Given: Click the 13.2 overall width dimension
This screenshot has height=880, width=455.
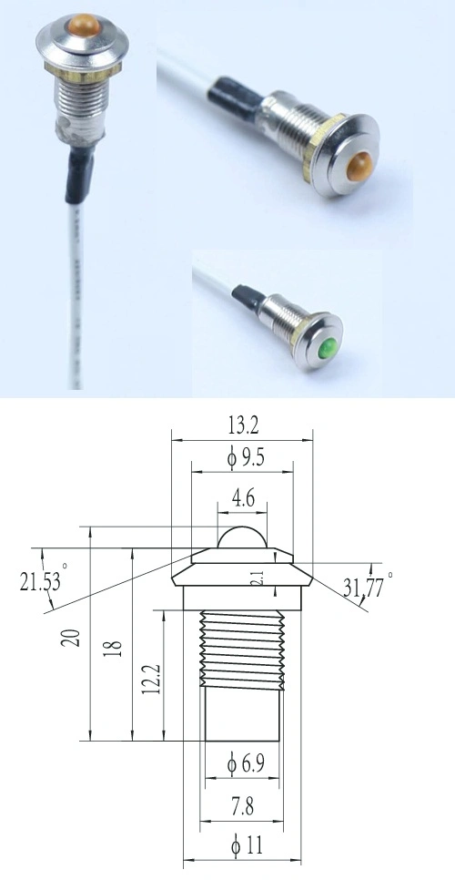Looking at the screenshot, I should (241, 424).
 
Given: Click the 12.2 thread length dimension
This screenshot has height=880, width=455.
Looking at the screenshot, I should (151, 679).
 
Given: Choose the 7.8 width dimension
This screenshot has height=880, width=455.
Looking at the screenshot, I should (242, 804).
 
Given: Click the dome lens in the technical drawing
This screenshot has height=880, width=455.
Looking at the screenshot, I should (241, 538).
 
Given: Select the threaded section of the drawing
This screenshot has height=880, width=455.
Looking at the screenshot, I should (241, 647).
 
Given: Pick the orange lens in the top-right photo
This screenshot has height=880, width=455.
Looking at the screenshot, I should (360, 166).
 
